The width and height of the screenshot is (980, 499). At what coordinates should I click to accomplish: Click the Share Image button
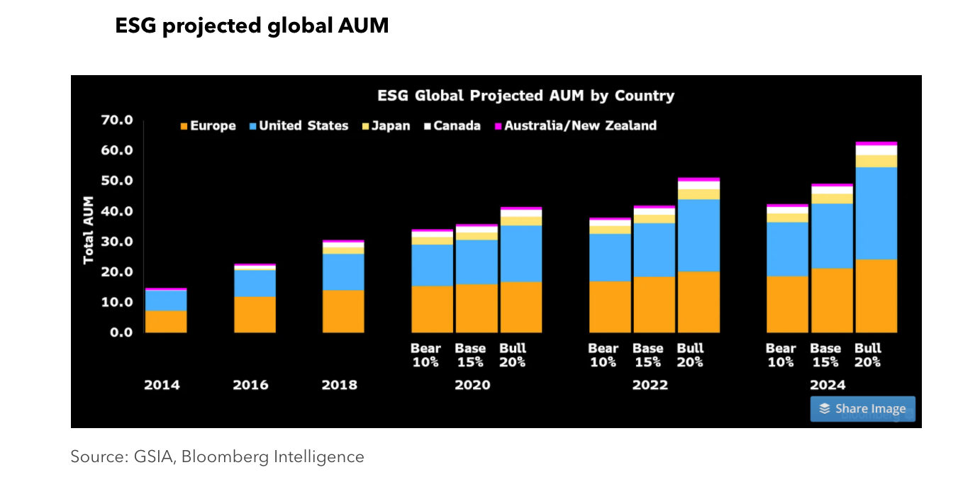[x=862, y=409]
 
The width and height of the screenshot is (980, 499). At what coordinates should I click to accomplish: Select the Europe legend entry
[x=208, y=126]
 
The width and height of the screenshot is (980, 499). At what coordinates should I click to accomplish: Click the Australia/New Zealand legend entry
[x=575, y=126]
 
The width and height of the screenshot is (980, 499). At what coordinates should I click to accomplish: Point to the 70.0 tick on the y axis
[x=117, y=120]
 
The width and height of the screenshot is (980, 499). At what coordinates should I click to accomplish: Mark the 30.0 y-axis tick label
[x=117, y=241]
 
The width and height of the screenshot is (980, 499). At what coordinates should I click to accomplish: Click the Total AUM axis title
[x=89, y=230]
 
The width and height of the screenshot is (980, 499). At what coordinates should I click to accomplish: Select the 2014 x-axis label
[x=162, y=386]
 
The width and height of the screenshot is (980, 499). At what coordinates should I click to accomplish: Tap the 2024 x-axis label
[x=828, y=386]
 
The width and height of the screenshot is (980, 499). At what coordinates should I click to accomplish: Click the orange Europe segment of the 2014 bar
[x=167, y=322]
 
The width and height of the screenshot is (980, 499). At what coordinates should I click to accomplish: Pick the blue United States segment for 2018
[x=343, y=272]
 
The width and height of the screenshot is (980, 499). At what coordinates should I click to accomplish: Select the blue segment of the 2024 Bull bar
[x=876, y=213]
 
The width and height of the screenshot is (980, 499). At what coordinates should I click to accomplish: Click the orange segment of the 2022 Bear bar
[x=610, y=307]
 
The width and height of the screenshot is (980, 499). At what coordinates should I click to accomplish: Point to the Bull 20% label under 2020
[x=513, y=355]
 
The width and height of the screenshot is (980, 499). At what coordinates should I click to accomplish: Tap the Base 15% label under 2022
[x=648, y=355]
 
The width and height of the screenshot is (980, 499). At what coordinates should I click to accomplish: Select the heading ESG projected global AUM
[x=252, y=26]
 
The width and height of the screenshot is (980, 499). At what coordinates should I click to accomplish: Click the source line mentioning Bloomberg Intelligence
[x=217, y=457]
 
